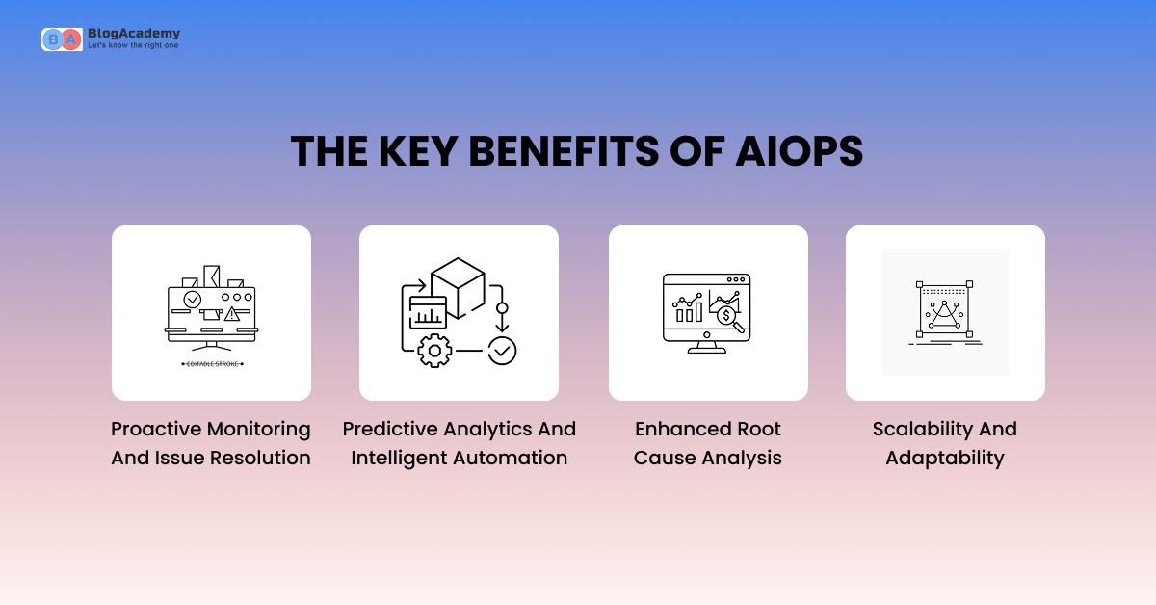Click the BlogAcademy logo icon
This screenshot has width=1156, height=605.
(61, 39)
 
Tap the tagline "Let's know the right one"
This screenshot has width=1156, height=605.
(133, 45)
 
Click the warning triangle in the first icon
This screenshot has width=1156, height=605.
(232, 313)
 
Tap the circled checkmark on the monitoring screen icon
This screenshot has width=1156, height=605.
(192, 300)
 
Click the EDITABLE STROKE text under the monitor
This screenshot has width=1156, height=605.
(211, 364)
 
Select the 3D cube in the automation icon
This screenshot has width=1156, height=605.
(457, 287)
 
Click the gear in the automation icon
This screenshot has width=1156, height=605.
(434, 351)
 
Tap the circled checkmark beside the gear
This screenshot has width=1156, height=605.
(502, 351)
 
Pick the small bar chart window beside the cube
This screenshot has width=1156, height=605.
(427, 312)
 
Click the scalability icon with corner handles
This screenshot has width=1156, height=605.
(944, 310)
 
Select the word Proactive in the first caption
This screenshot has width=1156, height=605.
(156, 429)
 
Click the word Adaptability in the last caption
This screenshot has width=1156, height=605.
(944, 458)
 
